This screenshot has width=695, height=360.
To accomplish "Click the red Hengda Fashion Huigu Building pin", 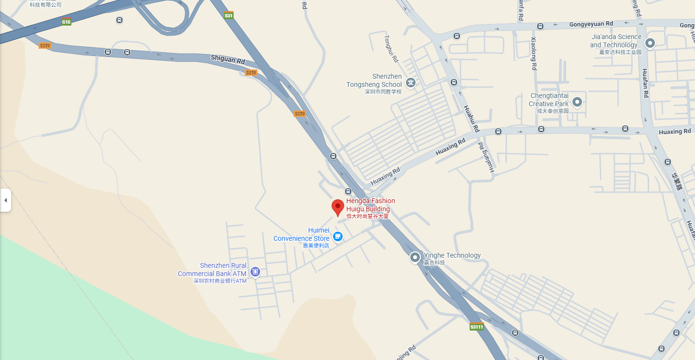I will click(338, 207).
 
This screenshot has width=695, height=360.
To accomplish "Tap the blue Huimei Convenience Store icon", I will click(338, 236).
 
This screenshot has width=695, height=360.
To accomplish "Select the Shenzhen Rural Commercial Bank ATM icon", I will click(255, 272).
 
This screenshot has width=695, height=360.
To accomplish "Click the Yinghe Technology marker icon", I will click(415, 258).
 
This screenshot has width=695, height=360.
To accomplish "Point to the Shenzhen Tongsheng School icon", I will click(411, 83).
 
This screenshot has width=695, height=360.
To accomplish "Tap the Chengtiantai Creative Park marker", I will click(577, 102).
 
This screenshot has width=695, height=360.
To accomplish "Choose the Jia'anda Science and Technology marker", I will click(650, 43).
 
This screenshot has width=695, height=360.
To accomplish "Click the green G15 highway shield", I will click(66, 22).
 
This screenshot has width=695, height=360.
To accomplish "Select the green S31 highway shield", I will click(229, 15).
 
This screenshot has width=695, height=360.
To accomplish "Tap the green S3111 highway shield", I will click(476, 327).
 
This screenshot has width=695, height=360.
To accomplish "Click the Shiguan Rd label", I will click(228, 60).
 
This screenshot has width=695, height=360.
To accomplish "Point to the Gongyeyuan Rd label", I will click(591, 24).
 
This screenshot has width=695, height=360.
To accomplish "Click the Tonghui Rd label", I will click(391, 48).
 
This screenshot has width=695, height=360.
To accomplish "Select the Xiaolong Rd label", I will click(534, 54).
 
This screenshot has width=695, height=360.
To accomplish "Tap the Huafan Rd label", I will click(645, 83).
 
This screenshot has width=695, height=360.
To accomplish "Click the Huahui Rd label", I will click(471, 119).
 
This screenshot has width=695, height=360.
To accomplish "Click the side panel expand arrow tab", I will click(5, 200).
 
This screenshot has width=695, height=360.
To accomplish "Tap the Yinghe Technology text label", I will click(452, 255).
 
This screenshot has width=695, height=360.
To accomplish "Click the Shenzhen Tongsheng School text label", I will click(374, 81).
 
